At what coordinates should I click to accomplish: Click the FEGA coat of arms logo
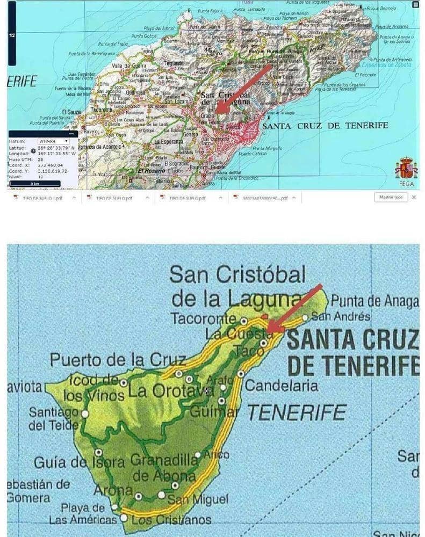406,168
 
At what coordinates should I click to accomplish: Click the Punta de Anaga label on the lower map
374,302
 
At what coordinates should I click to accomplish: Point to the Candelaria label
281,386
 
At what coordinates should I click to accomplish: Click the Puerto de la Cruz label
118,359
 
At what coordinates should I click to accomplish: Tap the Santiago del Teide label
53,419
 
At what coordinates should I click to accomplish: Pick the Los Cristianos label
171,520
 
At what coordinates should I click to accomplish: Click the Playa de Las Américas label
82,513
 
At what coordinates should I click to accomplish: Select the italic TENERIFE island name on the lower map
297,412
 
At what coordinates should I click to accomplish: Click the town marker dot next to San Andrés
305,317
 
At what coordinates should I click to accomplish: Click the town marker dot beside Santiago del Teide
84,413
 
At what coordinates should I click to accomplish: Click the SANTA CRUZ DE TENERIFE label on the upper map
325,125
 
